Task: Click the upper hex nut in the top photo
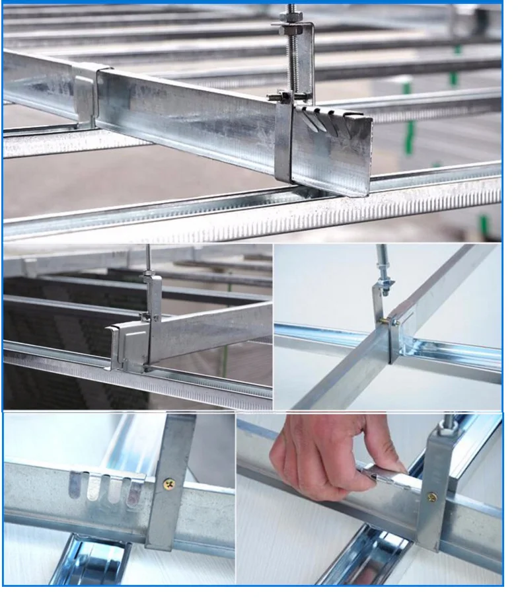click(x=292, y=29)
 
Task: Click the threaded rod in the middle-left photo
click(x=148, y=258)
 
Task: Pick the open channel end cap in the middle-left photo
click(x=119, y=344)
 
